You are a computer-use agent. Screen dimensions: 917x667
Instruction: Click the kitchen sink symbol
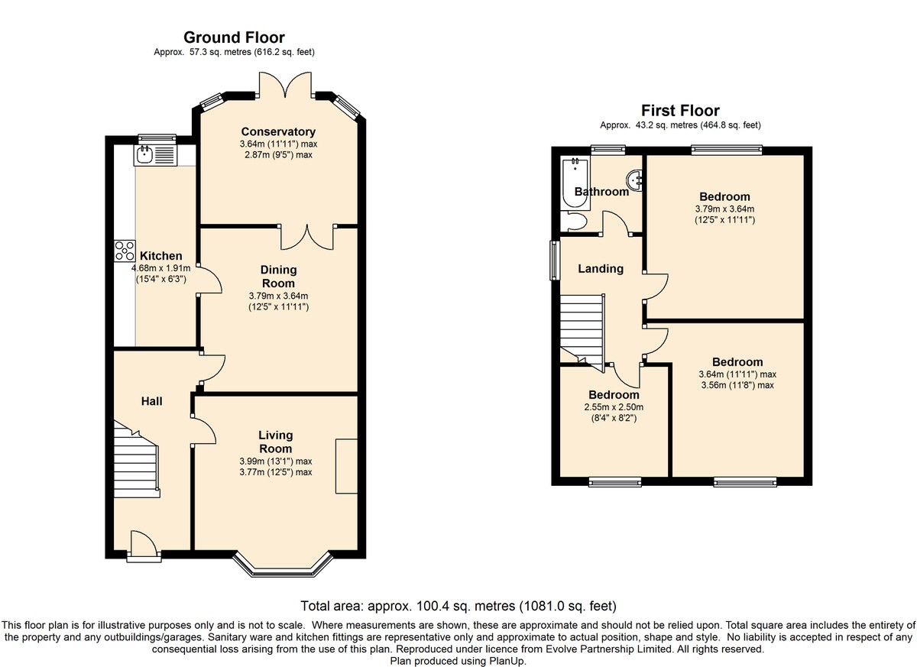[155, 155]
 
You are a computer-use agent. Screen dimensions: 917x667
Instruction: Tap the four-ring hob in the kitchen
[125, 251]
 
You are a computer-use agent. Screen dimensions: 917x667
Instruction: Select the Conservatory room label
[278, 131]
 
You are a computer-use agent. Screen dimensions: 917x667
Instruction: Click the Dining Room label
[278, 277]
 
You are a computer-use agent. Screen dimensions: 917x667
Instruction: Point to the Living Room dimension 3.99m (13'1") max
[276, 461]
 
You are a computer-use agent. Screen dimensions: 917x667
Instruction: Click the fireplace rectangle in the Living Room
[346, 466]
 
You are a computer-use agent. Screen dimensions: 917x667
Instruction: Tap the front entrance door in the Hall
[144, 544]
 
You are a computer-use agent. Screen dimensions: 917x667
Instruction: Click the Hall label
[152, 401]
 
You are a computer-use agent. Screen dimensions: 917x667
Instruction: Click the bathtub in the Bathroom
[575, 183]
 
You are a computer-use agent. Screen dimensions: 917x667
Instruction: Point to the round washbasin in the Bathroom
[634, 180]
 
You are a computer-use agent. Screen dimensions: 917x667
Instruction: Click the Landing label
[601, 268]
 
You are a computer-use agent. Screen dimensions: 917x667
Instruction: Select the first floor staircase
[582, 332]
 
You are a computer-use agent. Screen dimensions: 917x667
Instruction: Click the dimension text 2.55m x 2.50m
[614, 407]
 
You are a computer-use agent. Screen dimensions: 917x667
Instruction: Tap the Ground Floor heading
[234, 37]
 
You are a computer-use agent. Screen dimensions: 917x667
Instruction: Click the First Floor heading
[680, 111]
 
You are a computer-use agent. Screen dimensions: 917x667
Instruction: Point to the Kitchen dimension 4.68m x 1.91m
[161, 268]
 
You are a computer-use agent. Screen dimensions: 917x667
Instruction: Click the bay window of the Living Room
[282, 565]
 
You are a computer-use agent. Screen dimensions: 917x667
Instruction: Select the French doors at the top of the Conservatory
[285, 85]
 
